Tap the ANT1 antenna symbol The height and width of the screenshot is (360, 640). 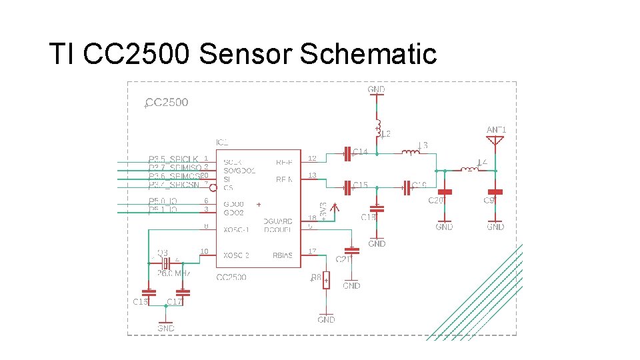[x=495, y=141]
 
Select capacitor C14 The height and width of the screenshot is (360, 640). [x=347, y=153]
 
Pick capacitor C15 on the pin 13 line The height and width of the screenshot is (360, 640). [x=347, y=187]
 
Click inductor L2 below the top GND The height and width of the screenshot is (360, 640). [x=377, y=127]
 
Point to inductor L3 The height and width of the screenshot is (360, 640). [x=411, y=153]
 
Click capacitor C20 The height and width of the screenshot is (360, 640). [x=445, y=192]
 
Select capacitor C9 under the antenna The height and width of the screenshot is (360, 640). [x=495, y=192]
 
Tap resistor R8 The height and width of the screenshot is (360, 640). [x=326, y=281]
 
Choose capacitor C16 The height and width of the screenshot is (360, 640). [x=148, y=292]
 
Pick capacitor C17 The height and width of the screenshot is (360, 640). [x=182, y=292]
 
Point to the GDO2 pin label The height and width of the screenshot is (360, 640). [x=234, y=213]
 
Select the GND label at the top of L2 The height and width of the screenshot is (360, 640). [x=376, y=89]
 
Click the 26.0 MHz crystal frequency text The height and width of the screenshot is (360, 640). [x=174, y=273]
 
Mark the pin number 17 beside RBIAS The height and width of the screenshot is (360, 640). [x=312, y=251]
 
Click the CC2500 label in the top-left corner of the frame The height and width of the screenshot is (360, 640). [x=167, y=103]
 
